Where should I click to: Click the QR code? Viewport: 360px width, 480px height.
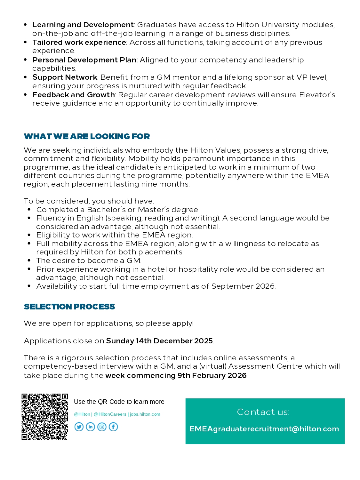(44, 417)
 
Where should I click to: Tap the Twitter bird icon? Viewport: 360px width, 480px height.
(79, 427)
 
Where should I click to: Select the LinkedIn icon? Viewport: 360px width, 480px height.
(91, 427)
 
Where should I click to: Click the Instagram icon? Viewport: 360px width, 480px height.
(102, 427)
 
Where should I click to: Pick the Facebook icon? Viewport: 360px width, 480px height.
(113, 427)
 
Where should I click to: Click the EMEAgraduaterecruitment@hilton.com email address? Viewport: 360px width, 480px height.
(264, 429)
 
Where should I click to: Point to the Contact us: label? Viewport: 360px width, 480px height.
(263, 412)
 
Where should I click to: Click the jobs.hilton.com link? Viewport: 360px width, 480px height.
(145, 414)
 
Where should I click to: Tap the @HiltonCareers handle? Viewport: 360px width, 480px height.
(110, 414)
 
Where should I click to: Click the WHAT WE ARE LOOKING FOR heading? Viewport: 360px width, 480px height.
(87, 136)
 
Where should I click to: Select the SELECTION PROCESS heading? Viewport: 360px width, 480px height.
(69, 307)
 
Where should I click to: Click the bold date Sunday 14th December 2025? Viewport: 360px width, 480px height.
(159, 341)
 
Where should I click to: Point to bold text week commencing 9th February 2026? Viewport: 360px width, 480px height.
(176, 375)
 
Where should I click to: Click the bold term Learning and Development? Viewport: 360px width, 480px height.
(83, 25)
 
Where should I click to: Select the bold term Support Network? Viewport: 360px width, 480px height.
(65, 77)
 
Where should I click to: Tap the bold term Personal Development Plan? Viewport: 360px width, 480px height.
(85, 60)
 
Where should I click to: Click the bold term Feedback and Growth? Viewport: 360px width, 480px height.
(73, 95)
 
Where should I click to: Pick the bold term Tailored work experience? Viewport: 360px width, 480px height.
(79, 42)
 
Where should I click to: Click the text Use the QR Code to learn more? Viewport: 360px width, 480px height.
(119, 402)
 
